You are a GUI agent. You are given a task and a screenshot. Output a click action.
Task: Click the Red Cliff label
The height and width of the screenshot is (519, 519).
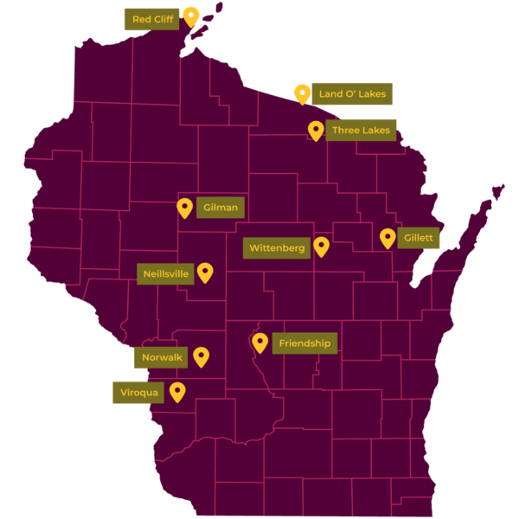click(x=152, y=19)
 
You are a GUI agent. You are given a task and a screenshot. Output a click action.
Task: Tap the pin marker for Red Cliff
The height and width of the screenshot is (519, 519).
click(x=191, y=16)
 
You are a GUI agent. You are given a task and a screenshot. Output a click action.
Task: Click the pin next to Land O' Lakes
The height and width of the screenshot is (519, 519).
click(x=302, y=93)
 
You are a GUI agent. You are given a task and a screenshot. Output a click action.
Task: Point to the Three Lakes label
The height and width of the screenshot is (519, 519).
click(x=362, y=131)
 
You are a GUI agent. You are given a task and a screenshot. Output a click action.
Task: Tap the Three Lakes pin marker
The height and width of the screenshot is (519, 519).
click(x=316, y=130)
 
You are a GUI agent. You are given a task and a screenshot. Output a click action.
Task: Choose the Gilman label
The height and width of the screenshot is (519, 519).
click(x=221, y=208)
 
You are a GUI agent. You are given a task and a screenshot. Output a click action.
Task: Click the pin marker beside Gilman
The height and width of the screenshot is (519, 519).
click(x=184, y=208)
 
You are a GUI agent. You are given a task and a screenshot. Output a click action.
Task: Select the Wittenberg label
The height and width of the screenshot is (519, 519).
click(x=277, y=248)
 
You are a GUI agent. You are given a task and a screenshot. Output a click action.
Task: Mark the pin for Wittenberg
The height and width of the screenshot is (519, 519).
click(x=322, y=247)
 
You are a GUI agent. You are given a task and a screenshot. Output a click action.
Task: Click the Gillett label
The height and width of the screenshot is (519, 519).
click(x=419, y=237)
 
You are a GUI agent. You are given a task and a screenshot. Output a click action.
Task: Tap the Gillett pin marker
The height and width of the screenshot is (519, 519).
click(x=388, y=237)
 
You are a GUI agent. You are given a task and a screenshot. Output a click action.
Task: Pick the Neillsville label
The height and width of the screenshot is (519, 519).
click(x=165, y=274)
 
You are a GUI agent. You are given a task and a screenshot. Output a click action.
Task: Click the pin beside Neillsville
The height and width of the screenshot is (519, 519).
click(x=205, y=272)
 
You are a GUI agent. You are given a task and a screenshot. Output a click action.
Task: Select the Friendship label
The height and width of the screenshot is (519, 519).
click(x=304, y=343)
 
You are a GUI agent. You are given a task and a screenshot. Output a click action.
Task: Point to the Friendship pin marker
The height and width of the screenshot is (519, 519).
click(x=259, y=343)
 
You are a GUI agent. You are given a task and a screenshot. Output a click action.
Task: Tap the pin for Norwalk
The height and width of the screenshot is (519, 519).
click(x=201, y=356)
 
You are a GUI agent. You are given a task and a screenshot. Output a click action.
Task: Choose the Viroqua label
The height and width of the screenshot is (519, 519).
click(x=138, y=393)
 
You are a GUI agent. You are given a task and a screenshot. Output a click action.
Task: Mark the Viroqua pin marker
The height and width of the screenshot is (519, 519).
click(x=177, y=392)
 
